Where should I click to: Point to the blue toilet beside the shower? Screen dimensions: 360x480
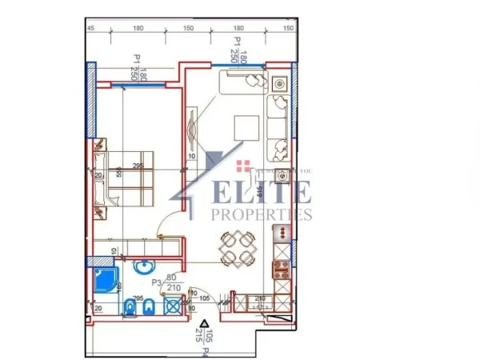(130, 306)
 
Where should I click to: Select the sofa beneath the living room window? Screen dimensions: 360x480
(279, 128)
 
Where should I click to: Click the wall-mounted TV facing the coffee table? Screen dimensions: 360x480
(193, 128)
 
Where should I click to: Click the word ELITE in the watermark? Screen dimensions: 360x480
(254, 193)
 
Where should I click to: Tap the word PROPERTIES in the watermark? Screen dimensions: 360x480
(261, 214)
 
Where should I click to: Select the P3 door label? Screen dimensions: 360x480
(157, 282)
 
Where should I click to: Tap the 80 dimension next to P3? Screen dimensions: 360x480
(171, 278)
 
